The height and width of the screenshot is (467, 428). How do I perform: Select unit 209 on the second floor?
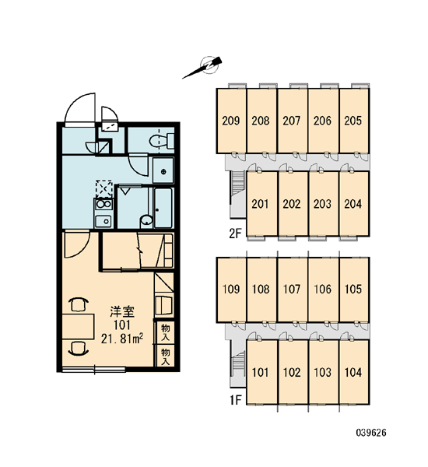coord(231,121)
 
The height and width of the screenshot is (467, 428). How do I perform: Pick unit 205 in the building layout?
coord(354,121)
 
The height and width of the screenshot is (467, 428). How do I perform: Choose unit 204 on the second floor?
coord(354,204)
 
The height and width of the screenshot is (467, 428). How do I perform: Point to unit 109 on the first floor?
coord(231,290)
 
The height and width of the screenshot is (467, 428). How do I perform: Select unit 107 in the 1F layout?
coord(293,290)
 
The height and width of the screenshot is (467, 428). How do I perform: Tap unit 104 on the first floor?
coord(354,372)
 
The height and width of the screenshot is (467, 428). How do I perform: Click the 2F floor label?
coord(235,233)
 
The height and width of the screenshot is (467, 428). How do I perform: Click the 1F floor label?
coord(235,400)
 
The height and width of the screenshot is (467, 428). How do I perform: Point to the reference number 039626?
coord(371,433)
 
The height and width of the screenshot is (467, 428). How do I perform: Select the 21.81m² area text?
coord(122,339)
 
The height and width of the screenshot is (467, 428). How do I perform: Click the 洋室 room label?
coord(122,312)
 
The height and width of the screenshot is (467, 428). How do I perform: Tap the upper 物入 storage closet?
coord(165,332)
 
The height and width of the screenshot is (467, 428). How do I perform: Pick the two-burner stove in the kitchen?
coord(103,205)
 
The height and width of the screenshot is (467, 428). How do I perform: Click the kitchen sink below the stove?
coord(103,221)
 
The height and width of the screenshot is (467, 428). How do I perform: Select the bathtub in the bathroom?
coord(163,208)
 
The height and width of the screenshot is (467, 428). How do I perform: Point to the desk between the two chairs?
coord(78,326)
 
